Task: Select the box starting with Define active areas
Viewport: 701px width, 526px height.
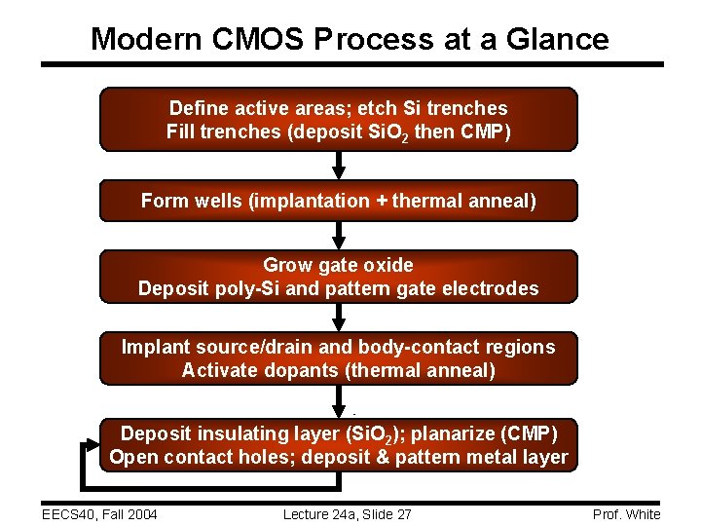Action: tap(339, 119)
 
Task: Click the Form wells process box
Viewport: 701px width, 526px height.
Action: tap(339, 201)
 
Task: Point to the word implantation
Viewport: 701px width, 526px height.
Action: tap(313, 201)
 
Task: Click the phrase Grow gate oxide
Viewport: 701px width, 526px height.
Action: tap(339, 265)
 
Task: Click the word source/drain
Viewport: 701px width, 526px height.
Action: tap(257, 347)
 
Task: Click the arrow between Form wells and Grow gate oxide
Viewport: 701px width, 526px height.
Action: tap(339, 235)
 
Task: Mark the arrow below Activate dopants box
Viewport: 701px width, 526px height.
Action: tap(339, 400)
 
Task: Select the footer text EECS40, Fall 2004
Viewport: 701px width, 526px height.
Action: tap(99, 514)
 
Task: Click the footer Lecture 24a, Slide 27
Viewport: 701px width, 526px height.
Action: tap(347, 514)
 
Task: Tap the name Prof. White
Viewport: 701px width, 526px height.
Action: tap(625, 514)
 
